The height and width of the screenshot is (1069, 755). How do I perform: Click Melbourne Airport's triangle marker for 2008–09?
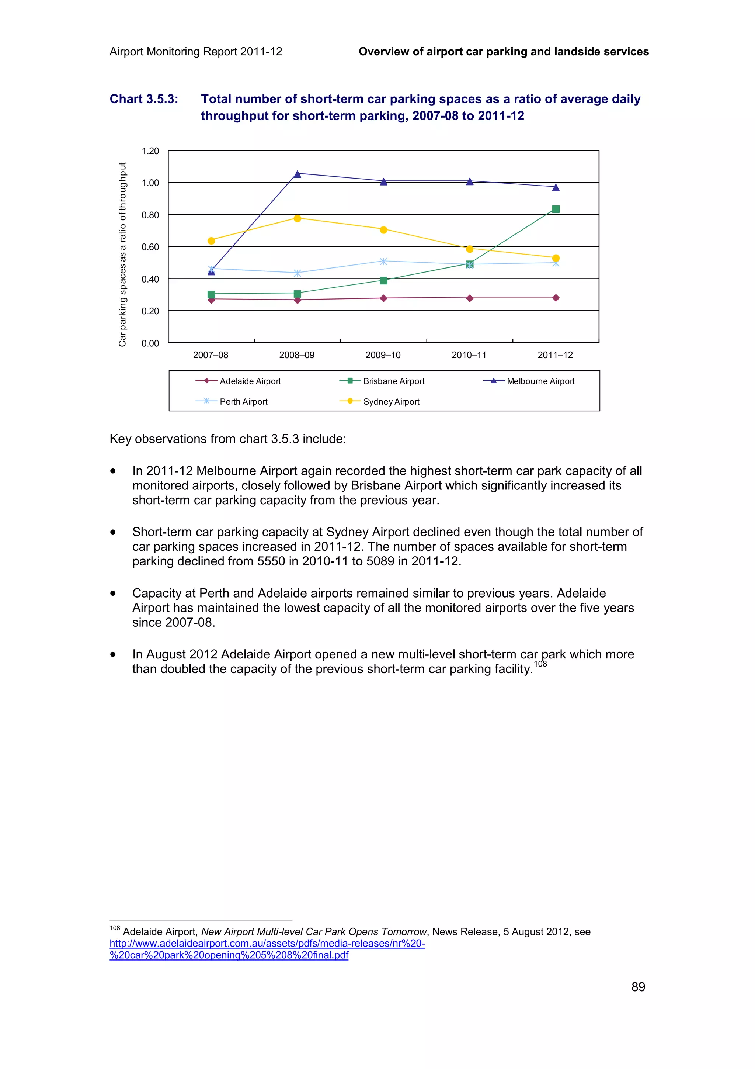pos(297,174)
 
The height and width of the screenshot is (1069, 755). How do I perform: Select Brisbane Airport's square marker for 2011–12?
pos(556,209)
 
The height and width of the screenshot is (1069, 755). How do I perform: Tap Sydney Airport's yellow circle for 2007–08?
pos(211,241)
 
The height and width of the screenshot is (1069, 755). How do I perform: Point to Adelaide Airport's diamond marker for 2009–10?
pos(383,298)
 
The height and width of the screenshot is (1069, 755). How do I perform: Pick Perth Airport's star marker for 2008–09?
pos(297,273)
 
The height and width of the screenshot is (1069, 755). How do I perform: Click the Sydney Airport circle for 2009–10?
pos(383,230)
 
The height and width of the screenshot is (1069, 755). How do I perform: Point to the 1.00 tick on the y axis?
pos(150,183)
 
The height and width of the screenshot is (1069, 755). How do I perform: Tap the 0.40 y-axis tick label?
pos(150,279)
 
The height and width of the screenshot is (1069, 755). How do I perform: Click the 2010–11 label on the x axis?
pos(469,355)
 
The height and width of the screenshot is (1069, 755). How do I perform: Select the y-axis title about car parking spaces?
pos(122,254)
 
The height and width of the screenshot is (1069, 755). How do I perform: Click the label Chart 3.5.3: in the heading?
pos(144,99)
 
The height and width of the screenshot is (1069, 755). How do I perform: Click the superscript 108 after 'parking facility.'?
pos(540,664)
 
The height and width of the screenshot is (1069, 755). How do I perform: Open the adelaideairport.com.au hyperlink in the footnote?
pos(267,943)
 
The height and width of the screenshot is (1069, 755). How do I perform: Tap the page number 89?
pos(638,987)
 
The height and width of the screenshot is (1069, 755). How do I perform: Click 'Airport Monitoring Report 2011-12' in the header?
pos(196,52)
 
